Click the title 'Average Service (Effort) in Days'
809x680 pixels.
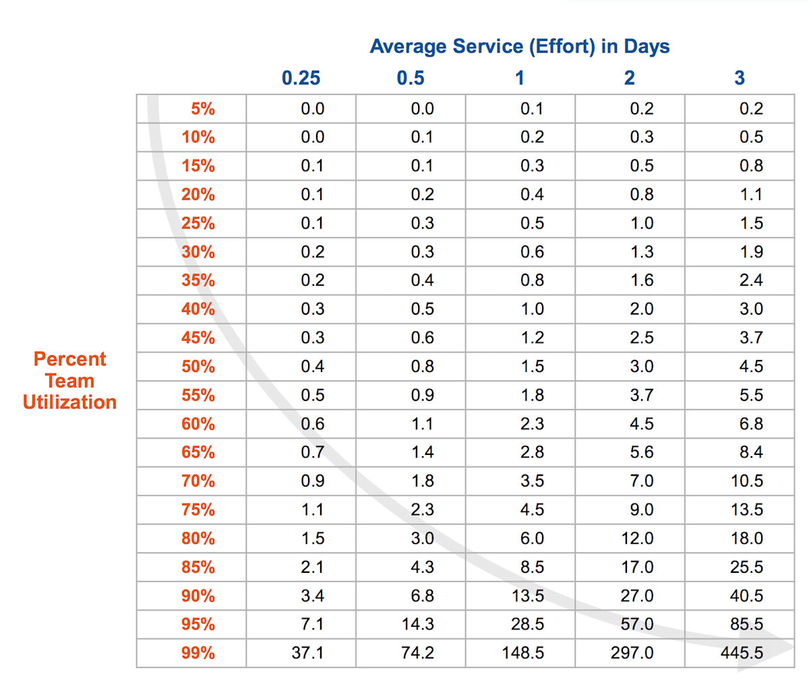point(519,47)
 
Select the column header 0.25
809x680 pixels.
point(301,78)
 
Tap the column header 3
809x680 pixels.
point(739,78)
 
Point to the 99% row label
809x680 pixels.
point(198,653)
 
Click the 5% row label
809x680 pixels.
point(202,109)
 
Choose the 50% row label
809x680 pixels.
point(198,367)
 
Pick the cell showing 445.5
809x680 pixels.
point(742,653)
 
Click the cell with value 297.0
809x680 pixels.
point(632,653)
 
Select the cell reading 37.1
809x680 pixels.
point(307,653)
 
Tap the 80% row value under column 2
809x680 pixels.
point(637,538)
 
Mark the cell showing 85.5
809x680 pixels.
point(746,624)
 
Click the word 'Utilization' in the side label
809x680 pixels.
point(69,402)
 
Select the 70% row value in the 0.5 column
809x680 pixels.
point(422,481)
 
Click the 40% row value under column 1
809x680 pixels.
point(532,309)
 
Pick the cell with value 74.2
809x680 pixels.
point(417,653)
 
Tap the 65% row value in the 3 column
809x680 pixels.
point(751,452)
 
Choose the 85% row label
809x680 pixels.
point(198,567)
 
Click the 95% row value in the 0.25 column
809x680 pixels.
point(312,624)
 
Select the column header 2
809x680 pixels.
point(629,78)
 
